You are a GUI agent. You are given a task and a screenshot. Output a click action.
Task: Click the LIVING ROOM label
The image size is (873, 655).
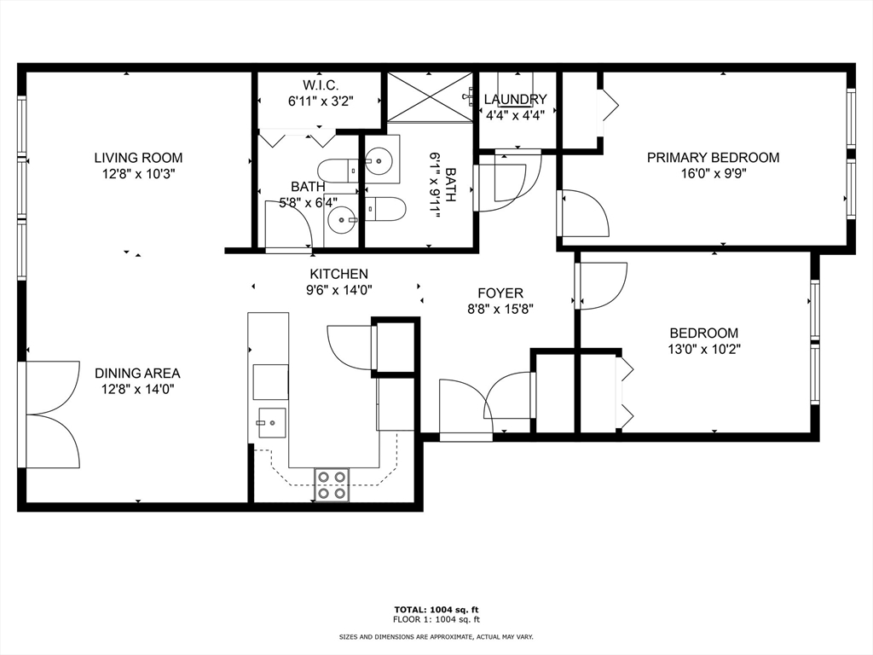[138, 158]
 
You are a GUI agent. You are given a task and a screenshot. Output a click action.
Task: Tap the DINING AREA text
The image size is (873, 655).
[137, 373]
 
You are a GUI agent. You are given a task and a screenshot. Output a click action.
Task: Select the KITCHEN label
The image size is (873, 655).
[338, 274]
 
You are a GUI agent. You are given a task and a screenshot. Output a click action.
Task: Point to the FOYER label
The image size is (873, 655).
[500, 293]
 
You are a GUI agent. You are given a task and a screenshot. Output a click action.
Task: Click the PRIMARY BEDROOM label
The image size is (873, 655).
[713, 158]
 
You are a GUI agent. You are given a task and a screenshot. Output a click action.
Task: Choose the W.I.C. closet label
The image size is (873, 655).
[320, 84]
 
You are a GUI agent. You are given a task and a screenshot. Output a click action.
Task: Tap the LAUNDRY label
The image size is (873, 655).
[515, 100]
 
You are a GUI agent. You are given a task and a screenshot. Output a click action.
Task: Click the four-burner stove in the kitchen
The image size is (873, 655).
[332, 484]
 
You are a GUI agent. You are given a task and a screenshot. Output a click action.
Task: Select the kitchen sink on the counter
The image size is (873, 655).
[270, 421]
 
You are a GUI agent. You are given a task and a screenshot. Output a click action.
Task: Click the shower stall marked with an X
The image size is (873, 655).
[430, 97]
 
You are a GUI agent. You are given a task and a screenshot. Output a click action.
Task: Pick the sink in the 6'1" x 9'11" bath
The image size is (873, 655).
[380, 159]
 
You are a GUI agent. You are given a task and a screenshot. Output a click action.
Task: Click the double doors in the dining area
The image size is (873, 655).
[51, 414]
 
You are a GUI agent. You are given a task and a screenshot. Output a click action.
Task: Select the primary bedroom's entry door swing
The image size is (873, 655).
[584, 213]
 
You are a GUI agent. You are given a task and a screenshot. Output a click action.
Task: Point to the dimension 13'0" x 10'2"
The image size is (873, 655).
[703, 349]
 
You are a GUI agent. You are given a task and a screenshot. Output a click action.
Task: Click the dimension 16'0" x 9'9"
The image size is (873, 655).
[713, 173]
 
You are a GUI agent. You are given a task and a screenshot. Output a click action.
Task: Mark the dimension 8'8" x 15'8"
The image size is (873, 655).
[500, 309]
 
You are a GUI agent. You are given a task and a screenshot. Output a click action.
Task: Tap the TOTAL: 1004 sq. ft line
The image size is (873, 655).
[436, 609]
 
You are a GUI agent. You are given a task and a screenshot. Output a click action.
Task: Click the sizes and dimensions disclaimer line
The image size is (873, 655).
[436, 637]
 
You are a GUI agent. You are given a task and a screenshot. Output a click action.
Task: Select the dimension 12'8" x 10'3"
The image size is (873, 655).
[138, 173]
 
